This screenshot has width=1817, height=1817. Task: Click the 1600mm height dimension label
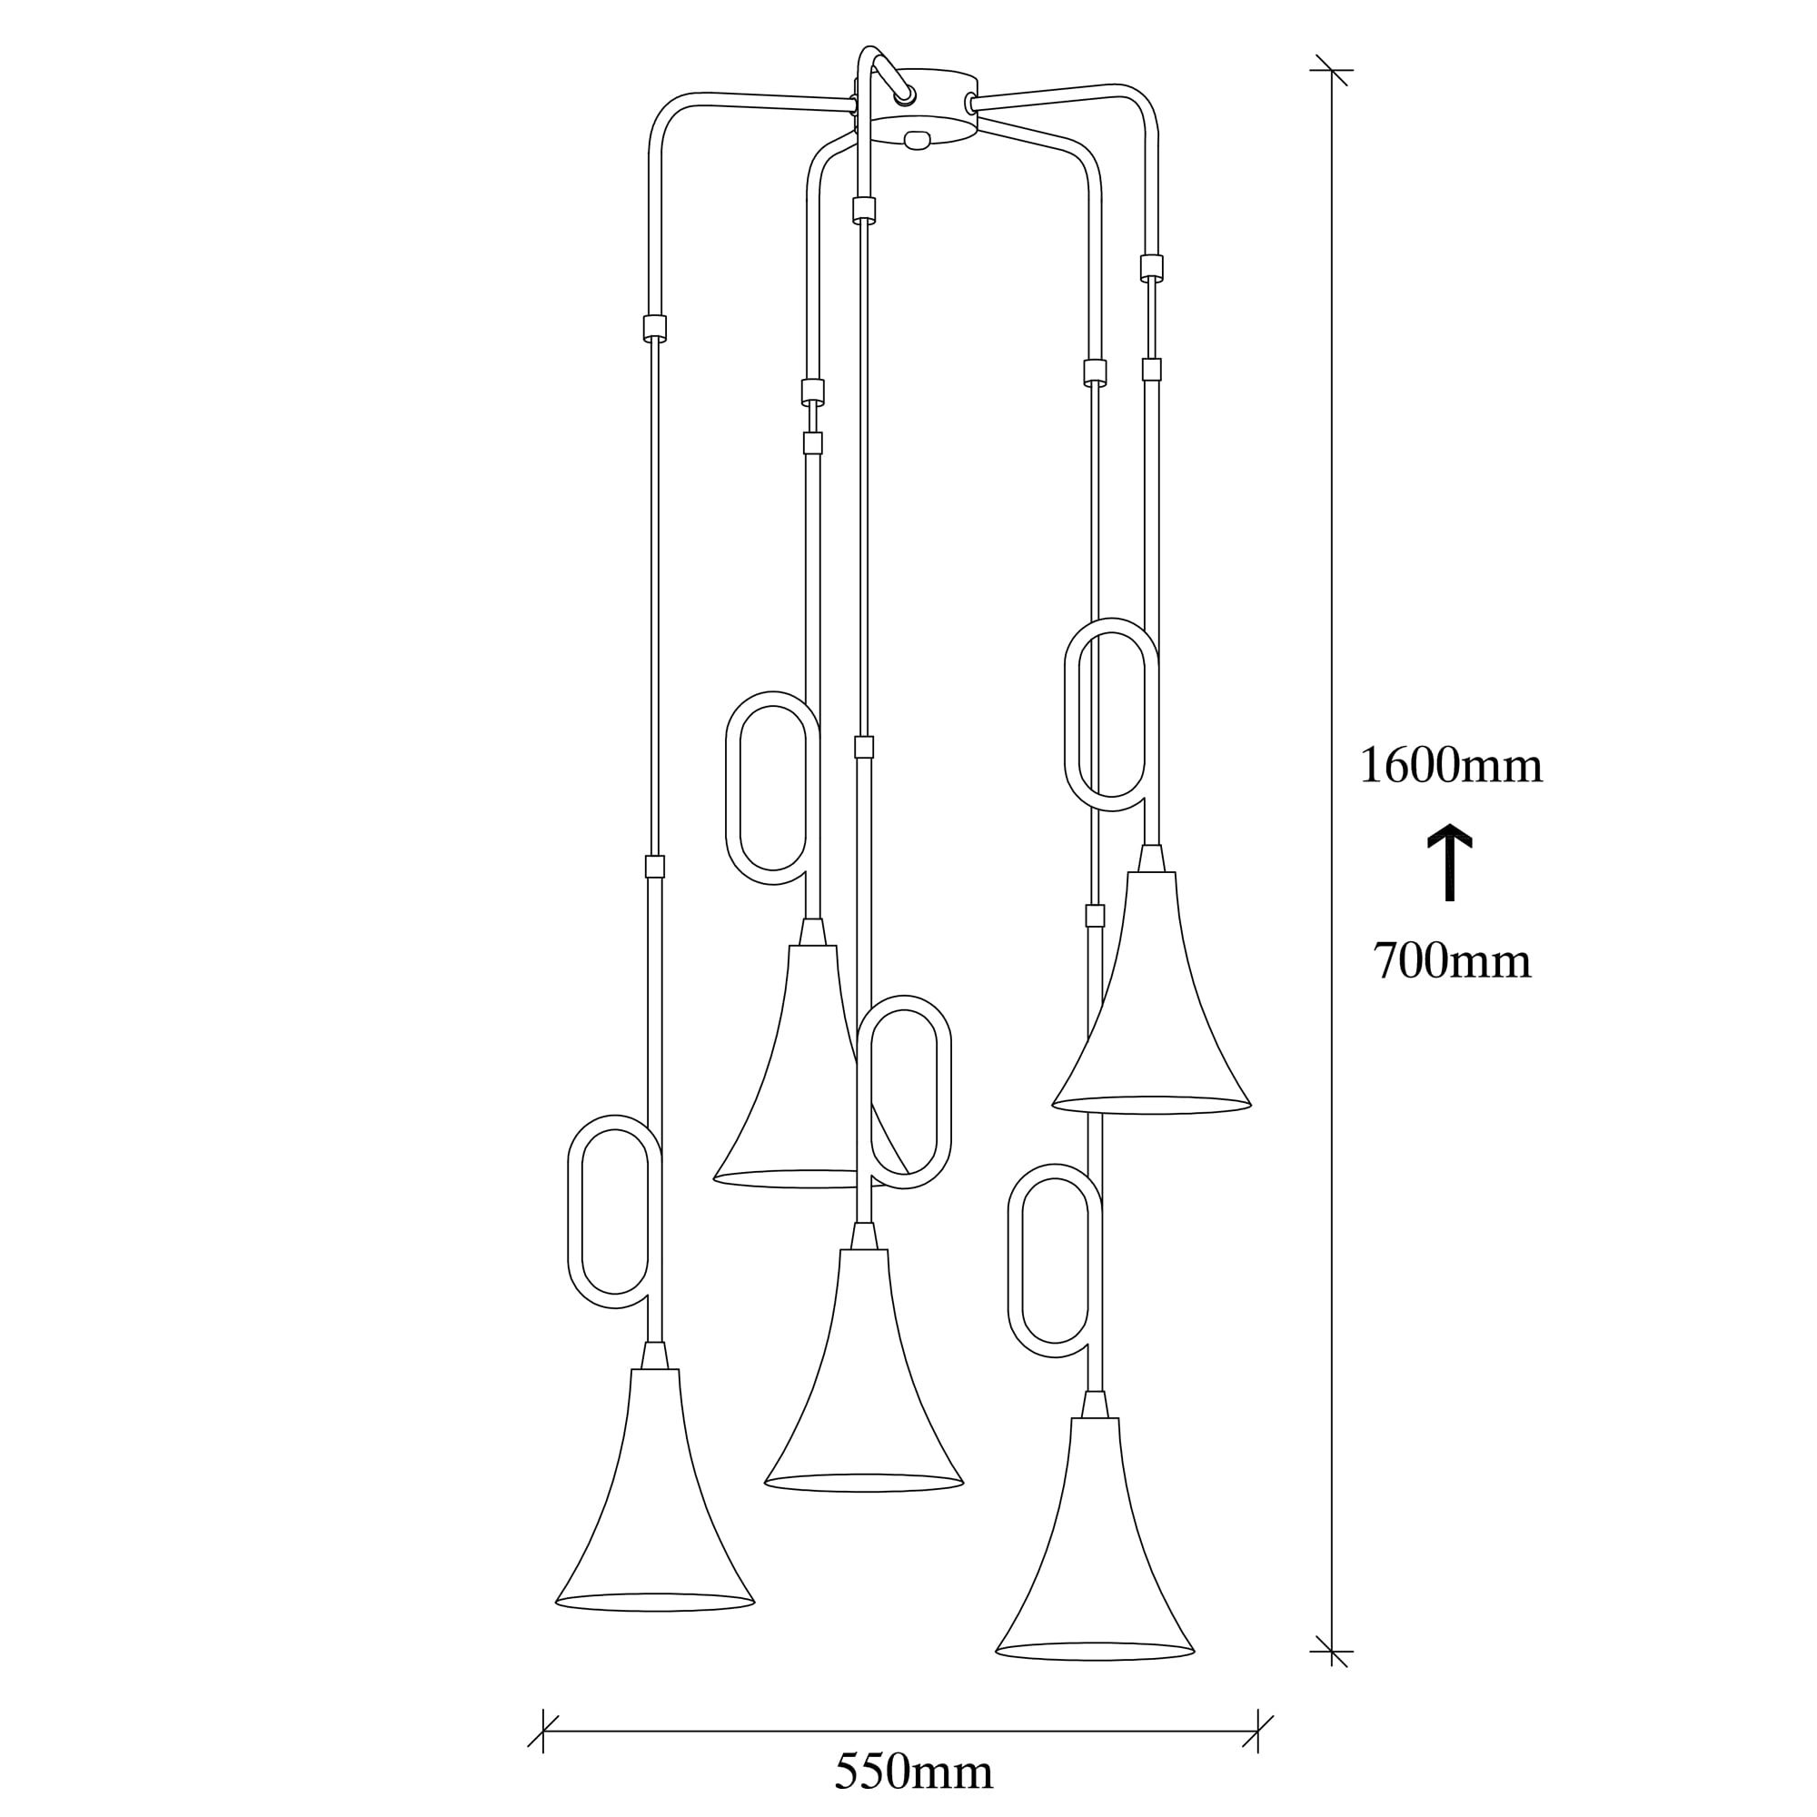pyautogui.click(x=1450, y=767)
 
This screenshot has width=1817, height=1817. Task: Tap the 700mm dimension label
pyautogui.click(x=1452, y=962)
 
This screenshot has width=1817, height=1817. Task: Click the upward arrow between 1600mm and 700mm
pyautogui.click(x=1450, y=862)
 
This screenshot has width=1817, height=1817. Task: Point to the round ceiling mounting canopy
pyautogui.click(x=917, y=106)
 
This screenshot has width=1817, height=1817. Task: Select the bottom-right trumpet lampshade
pyautogui.click(x=1095, y=1540)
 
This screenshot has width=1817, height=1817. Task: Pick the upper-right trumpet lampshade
pyautogui.click(x=1151, y=993)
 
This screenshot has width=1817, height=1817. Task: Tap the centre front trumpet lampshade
pyautogui.click(x=863, y=1370)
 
